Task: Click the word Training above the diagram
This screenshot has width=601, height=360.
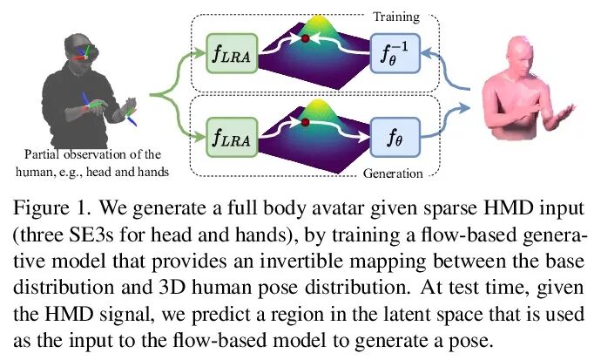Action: [397, 15]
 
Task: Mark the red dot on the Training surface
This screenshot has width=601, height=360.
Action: [306, 39]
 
